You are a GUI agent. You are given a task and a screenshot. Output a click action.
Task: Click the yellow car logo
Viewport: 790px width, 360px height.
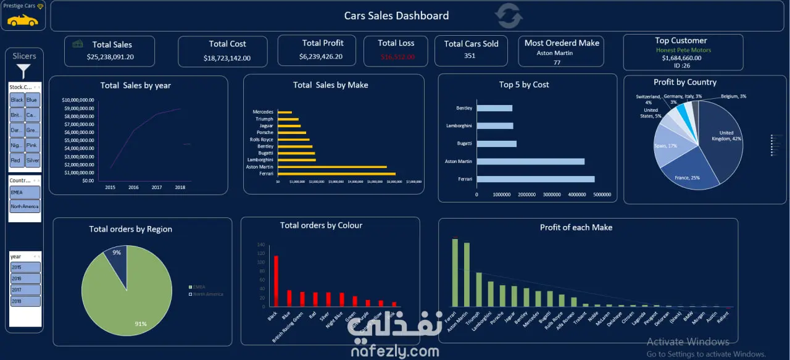click(22, 20)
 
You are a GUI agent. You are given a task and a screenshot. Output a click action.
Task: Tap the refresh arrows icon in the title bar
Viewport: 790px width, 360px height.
click(509, 16)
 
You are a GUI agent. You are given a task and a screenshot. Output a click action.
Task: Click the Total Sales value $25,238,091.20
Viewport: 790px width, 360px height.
click(110, 57)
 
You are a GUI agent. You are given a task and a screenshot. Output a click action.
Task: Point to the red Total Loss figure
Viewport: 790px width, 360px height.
click(397, 56)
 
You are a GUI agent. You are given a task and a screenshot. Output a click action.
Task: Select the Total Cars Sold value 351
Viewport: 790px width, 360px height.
click(470, 56)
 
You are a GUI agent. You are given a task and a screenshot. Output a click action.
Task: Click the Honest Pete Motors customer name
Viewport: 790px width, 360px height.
click(683, 50)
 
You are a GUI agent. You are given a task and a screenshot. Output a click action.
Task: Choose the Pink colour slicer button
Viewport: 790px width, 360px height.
click(33, 145)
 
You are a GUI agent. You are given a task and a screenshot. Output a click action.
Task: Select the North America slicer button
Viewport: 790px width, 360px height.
click(25, 206)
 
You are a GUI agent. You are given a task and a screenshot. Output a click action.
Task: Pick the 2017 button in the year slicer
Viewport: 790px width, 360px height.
click(25, 290)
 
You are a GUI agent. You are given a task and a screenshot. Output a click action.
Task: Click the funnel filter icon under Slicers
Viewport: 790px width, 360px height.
click(23, 71)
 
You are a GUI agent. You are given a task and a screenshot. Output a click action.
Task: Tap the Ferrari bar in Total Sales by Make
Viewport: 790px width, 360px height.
click(336, 174)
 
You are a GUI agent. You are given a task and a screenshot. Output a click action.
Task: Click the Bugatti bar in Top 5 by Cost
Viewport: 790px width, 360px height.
click(497, 144)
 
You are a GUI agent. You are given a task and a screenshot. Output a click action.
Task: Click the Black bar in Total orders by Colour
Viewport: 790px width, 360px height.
click(276, 281)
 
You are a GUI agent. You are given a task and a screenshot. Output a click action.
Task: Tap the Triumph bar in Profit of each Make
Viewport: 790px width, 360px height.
click(478, 290)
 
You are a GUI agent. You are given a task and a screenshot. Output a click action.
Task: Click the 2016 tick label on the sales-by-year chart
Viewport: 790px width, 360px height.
click(133, 187)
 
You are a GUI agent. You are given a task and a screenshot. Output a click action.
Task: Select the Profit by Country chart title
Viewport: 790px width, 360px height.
click(684, 82)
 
